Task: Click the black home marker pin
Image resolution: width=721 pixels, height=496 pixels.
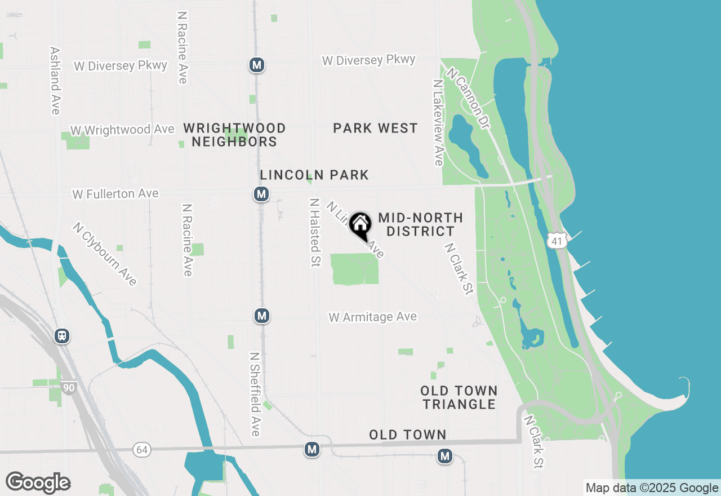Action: (x=360, y=225)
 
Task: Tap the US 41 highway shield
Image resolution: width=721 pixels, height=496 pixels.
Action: (x=556, y=241)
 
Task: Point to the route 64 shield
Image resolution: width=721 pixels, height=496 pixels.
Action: (x=142, y=449)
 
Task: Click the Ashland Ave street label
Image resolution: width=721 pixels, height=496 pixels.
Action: (x=55, y=81)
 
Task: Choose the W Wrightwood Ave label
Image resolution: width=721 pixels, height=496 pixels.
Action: (x=122, y=130)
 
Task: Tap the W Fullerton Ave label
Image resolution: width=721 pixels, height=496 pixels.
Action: (x=115, y=194)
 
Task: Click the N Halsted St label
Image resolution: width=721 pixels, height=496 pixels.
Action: (x=315, y=232)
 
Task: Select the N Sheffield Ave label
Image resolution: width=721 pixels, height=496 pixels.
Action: (x=255, y=395)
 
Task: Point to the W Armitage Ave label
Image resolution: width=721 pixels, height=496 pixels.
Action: (x=373, y=317)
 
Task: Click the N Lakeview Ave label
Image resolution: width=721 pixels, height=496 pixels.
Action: (x=438, y=122)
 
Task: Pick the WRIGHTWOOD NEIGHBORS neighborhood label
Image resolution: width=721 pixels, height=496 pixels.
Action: (x=234, y=135)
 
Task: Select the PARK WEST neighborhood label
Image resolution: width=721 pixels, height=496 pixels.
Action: (x=375, y=129)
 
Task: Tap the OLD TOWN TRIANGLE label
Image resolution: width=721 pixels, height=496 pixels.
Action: (x=459, y=397)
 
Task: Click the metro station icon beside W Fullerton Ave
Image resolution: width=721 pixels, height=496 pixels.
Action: (x=260, y=194)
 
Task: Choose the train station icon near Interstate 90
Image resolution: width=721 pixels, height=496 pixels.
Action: (x=62, y=336)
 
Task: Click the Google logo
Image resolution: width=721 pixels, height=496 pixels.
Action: (x=38, y=482)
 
